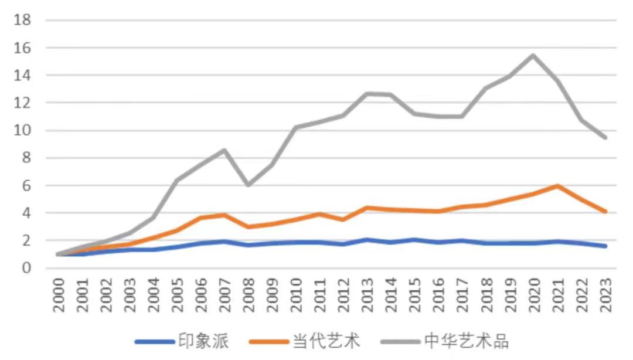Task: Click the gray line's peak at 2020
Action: [x=532, y=56]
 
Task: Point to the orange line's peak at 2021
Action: [x=556, y=186]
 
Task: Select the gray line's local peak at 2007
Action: [x=224, y=150]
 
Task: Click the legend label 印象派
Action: [x=203, y=341]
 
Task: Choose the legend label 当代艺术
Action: [x=326, y=341]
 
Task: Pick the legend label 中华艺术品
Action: [x=467, y=341]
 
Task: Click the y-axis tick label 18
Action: [x=22, y=21]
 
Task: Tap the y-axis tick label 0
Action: [x=26, y=269]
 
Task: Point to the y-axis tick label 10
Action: [x=22, y=131]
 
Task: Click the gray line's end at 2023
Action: [x=604, y=137]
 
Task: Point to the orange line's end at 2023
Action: [x=604, y=211]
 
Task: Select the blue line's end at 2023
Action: [x=604, y=246]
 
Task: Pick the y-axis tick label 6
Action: [x=26, y=186]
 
